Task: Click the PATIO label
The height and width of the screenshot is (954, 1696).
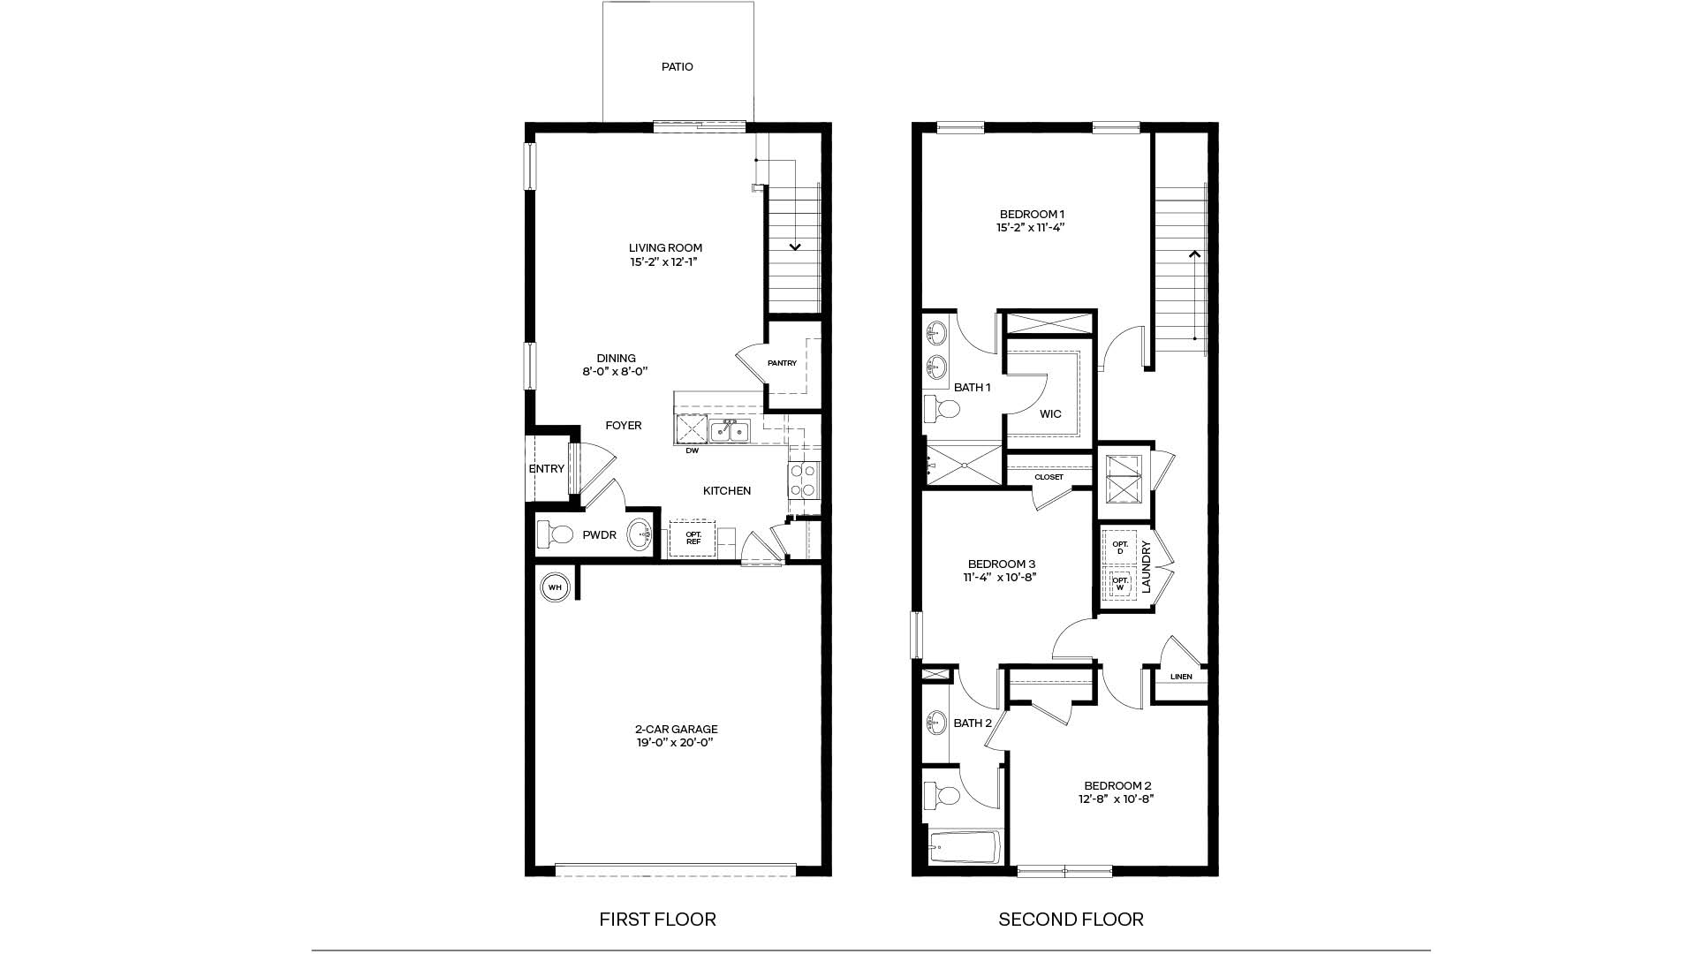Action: tap(678, 67)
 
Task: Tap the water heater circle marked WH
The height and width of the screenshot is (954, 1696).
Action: tap(555, 587)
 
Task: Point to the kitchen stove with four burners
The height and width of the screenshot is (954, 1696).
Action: tap(803, 482)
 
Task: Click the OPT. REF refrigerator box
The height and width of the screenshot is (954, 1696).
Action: tap(693, 538)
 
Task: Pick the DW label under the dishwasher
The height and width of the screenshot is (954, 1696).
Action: tap(692, 451)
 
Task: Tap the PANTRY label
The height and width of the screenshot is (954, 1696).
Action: tap(782, 363)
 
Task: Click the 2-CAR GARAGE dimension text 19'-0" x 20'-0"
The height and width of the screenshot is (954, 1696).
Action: tap(676, 743)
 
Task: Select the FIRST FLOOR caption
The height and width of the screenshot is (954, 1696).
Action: tap(657, 920)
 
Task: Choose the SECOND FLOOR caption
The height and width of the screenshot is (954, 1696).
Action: tap(1071, 920)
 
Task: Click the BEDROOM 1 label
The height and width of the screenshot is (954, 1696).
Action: tap(1032, 214)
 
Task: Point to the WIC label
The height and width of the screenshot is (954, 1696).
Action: tap(1050, 414)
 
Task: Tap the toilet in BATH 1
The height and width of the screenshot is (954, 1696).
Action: tap(943, 410)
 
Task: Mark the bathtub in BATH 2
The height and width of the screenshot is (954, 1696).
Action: tap(965, 848)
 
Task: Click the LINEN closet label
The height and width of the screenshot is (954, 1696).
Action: tap(1181, 678)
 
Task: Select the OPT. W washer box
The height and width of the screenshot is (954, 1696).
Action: tap(1120, 584)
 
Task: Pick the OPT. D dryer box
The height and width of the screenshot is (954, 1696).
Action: tap(1120, 548)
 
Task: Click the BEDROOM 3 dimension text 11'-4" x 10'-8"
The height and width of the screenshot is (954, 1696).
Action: tap(1000, 578)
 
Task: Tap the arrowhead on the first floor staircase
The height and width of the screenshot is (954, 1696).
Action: tap(795, 247)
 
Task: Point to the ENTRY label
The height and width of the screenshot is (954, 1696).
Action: tap(546, 469)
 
